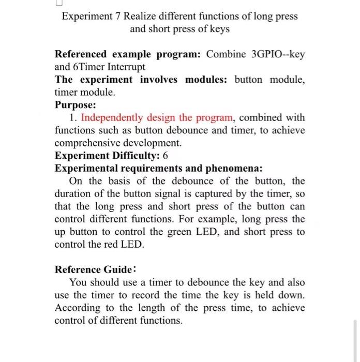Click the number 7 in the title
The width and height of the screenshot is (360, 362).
coord(117,16)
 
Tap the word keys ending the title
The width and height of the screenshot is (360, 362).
coord(218,29)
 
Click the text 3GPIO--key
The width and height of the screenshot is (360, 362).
coord(277,54)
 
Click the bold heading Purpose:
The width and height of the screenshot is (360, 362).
coord(75,105)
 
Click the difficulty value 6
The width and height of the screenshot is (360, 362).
coord(165,156)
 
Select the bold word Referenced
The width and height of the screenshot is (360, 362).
coord(81,54)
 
